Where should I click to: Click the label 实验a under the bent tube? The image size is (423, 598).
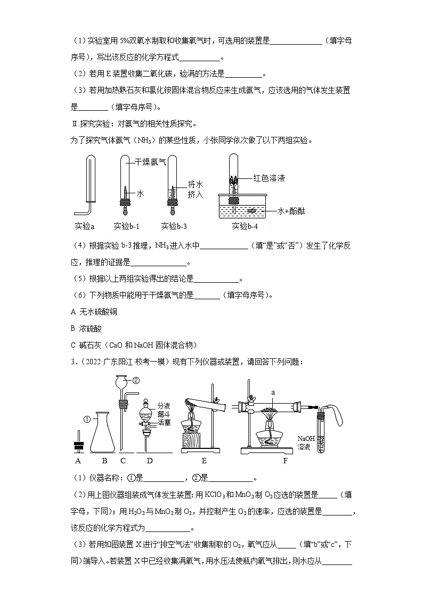(x=85, y=226)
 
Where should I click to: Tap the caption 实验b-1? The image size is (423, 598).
(x=126, y=226)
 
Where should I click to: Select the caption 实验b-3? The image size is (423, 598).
(x=174, y=226)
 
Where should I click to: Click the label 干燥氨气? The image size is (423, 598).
(x=150, y=161)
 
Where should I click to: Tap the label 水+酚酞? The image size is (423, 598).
(x=294, y=211)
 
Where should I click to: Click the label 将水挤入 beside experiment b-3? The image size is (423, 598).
(x=196, y=189)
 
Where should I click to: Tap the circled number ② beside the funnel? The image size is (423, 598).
(x=136, y=380)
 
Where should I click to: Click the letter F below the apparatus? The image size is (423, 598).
(x=284, y=461)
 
